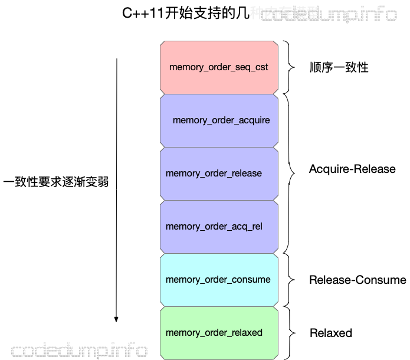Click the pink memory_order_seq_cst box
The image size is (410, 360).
[x=219, y=67]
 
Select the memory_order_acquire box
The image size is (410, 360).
[x=219, y=120]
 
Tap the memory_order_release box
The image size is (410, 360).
[x=219, y=174]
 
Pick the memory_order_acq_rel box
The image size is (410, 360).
[x=219, y=227]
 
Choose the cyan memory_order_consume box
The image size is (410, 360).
[x=219, y=280]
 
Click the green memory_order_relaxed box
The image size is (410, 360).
[x=219, y=333]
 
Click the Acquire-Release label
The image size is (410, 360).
[x=352, y=169]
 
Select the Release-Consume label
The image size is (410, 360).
[x=357, y=280]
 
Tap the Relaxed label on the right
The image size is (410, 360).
[x=330, y=333]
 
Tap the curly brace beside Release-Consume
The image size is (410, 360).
[x=288, y=279]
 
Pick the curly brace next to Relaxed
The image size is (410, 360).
[x=288, y=332]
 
